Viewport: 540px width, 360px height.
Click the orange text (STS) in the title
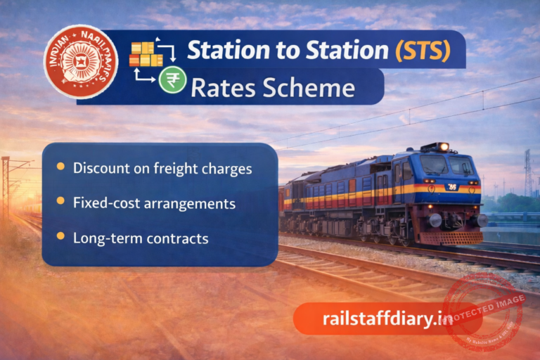423,51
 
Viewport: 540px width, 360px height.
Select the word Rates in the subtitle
222,88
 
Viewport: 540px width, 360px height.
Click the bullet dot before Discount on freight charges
60,167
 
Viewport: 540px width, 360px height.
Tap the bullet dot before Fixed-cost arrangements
60,202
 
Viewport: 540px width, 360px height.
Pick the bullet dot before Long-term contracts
60,237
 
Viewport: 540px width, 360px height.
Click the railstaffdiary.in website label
387,319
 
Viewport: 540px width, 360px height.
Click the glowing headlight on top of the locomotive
442,146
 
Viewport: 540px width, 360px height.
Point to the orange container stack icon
142,54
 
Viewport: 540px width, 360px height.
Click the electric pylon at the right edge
528,173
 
